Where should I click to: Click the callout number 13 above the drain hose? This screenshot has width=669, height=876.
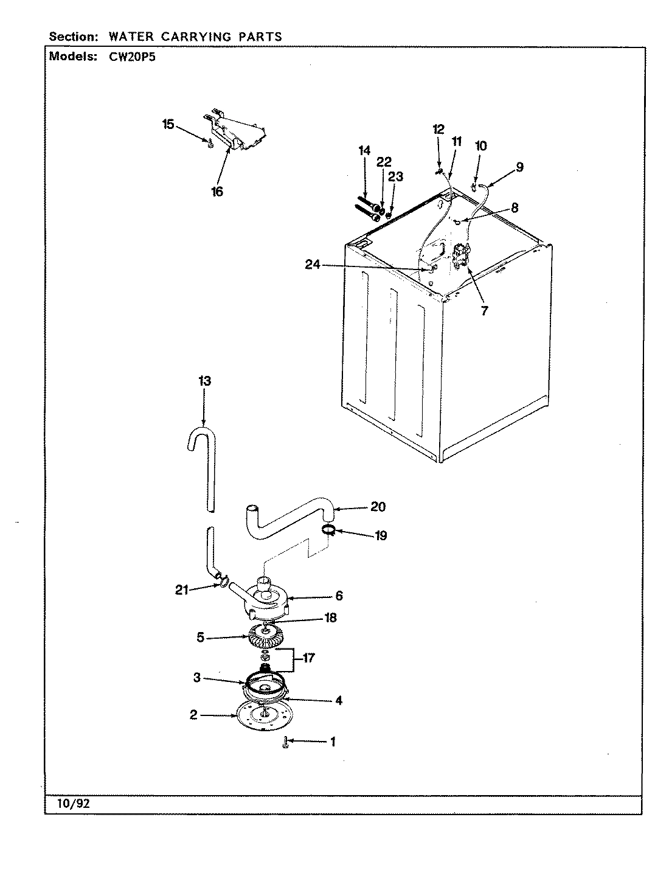click(x=204, y=381)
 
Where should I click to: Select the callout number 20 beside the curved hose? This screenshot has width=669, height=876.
click(x=378, y=507)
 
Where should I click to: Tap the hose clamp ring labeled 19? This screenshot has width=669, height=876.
click(x=328, y=530)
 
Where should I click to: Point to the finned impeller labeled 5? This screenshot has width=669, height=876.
click(x=267, y=638)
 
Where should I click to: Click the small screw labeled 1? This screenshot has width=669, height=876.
click(x=285, y=742)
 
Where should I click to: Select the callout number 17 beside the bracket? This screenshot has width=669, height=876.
click(x=309, y=658)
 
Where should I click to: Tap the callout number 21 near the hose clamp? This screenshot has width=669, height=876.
click(x=182, y=589)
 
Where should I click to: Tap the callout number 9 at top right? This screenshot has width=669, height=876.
click(x=519, y=167)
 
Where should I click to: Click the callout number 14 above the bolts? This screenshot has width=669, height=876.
click(x=364, y=150)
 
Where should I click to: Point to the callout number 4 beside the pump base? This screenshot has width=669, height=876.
click(x=338, y=700)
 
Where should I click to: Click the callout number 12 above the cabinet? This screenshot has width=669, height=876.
click(x=438, y=129)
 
